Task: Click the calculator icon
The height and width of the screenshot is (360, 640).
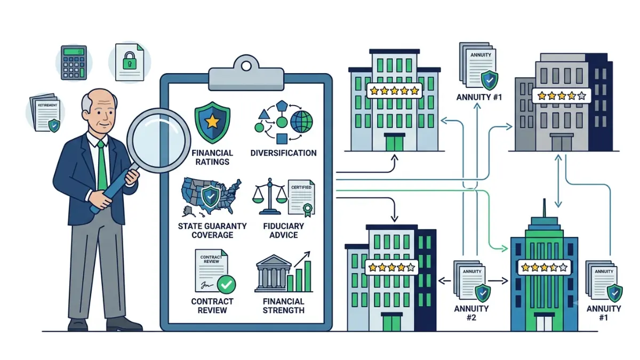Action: (x=74, y=62)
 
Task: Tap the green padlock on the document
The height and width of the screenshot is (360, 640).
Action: (x=130, y=61)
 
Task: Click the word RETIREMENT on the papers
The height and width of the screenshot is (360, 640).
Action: (x=47, y=105)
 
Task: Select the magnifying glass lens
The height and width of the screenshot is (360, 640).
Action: (x=158, y=140)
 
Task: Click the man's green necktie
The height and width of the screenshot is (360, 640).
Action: (x=102, y=165)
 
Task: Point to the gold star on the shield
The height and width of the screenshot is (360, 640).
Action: (x=212, y=122)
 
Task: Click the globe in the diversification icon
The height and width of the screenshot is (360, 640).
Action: (x=301, y=122)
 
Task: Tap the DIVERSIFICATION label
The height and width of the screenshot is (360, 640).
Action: (x=283, y=153)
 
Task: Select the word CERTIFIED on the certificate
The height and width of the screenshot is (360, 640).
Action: (x=301, y=187)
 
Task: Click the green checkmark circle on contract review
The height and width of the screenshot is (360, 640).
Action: (x=226, y=284)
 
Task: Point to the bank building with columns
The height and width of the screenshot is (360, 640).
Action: (x=273, y=273)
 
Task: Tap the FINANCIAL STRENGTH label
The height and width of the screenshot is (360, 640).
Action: (x=283, y=306)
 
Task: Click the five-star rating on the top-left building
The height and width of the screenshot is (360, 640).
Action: (x=394, y=91)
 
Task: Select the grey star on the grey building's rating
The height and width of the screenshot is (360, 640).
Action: (x=581, y=95)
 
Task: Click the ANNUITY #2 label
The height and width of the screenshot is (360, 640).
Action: (x=471, y=313)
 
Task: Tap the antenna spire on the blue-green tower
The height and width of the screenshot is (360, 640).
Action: (x=545, y=208)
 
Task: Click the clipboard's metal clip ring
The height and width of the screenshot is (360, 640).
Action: (x=246, y=66)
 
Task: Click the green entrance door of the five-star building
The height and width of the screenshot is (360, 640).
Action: (x=394, y=142)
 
